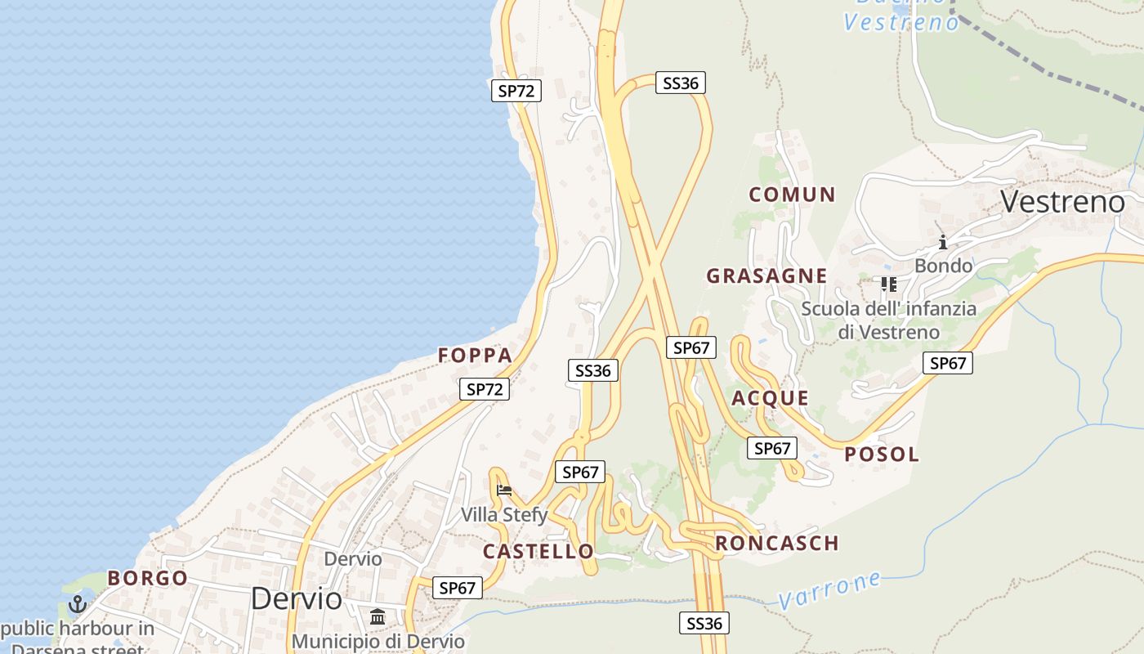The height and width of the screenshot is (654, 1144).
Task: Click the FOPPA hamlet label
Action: click(x=475, y=356)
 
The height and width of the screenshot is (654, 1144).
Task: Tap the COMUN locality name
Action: click(x=792, y=195)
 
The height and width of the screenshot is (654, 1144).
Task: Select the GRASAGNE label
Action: click(x=766, y=276)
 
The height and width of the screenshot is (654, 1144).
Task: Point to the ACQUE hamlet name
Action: click(x=770, y=399)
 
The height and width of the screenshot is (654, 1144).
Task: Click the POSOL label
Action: click(x=882, y=455)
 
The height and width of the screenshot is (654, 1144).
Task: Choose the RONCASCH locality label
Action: click(x=777, y=544)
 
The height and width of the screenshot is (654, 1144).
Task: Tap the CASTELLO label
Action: click(x=538, y=552)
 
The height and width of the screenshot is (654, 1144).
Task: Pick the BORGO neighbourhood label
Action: click(x=148, y=579)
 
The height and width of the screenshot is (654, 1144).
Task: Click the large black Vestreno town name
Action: click(x=1062, y=201)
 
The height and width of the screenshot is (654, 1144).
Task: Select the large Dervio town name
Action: click(x=296, y=598)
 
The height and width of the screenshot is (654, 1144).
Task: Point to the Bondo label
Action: click(x=943, y=266)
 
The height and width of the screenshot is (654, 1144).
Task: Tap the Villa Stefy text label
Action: click(x=504, y=515)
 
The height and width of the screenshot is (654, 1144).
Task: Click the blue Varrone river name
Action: click(x=829, y=590)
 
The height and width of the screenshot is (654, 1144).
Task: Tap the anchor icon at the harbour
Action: click(x=78, y=604)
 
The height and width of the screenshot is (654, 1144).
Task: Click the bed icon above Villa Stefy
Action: click(x=504, y=490)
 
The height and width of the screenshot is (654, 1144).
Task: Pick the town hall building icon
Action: click(x=378, y=616)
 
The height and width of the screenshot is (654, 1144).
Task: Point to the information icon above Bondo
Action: click(x=943, y=242)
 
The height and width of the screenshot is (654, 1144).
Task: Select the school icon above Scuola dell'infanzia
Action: click(x=888, y=284)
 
